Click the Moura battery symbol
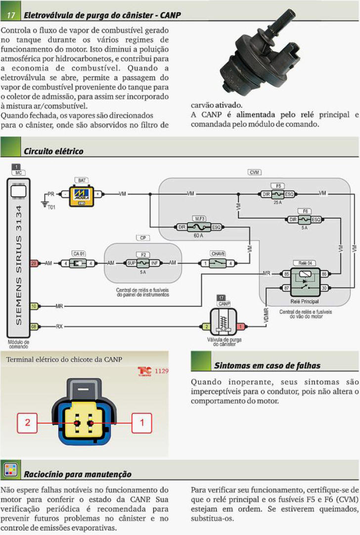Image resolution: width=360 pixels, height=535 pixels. click(82, 196)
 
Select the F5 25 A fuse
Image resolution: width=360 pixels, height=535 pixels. click(278, 194)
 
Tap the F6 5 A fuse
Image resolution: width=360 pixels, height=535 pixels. click(305, 219)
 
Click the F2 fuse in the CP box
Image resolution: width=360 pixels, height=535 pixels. click(143, 263)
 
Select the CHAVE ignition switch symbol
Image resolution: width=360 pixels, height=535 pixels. click(218, 263)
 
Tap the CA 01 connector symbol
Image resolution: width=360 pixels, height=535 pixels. click(79, 263)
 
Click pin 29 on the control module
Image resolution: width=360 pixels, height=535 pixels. click(34, 263)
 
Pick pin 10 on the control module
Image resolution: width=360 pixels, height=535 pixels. click(34, 306)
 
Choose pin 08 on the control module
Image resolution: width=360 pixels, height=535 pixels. click(34, 327)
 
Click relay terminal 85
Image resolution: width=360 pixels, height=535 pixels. click(286, 274)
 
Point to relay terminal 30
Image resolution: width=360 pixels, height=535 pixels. click(324, 288)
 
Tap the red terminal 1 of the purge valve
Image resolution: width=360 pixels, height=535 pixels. click(241, 327)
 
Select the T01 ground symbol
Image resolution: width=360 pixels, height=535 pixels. click(45, 204)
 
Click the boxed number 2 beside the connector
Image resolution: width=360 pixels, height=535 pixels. click(27, 423)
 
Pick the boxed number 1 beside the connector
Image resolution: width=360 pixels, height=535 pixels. click(142, 423)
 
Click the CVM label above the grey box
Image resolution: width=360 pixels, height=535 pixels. click(254, 172)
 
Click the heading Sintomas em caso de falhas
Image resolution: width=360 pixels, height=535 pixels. click(267, 365)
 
